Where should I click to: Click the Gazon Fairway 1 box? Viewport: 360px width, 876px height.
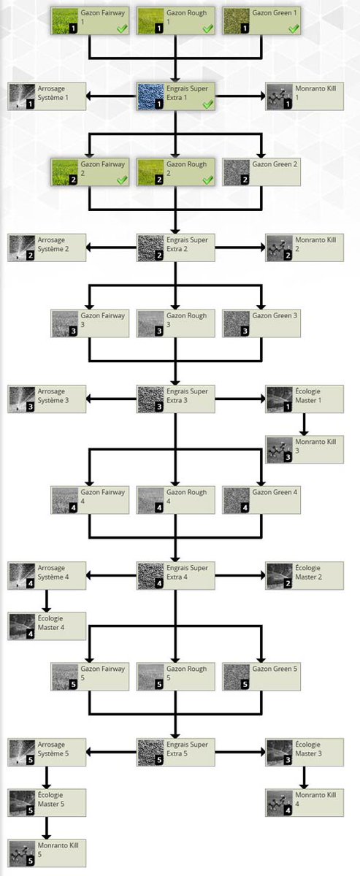[90, 20]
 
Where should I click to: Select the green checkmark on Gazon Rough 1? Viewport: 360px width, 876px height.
[208, 28]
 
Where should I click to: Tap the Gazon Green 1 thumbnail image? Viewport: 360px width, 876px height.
[236, 20]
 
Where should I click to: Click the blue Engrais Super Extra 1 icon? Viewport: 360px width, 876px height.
[150, 96]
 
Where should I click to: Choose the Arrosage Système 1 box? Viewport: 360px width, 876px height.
[47, 96]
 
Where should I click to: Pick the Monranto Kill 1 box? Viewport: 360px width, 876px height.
[305, 96]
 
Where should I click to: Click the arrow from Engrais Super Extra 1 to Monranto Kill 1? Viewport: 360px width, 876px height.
[240, 96]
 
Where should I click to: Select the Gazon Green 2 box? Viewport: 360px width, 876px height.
[261, 172]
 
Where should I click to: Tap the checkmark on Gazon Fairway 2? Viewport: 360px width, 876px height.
[122, 180]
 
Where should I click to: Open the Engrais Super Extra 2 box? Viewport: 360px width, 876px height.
[176, 247]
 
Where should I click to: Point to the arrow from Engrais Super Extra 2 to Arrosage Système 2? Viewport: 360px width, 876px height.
[111, 247]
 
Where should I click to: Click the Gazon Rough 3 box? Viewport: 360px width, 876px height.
[176, 323]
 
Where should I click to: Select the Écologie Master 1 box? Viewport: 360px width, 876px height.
[305, 399]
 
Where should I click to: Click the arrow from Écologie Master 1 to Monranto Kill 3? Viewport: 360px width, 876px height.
[304, 424]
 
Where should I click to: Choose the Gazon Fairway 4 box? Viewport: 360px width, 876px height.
[90, 500]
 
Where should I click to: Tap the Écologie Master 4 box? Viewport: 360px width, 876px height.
[47, 626]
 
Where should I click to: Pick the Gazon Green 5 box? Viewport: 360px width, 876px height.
[261, 677]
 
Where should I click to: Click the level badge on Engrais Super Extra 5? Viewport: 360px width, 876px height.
[159, 760]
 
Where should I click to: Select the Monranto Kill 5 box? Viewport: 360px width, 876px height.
[47, 853]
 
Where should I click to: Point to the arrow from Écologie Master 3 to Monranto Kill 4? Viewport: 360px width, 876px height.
[304, 777]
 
